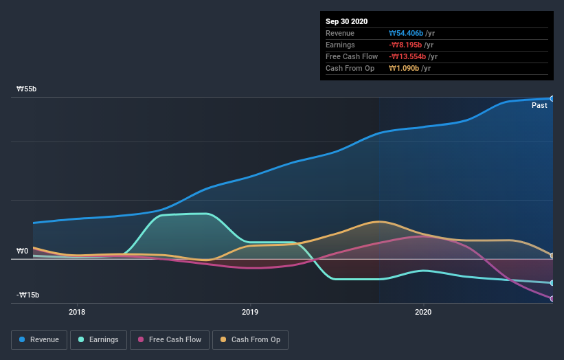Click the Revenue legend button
point(39,339)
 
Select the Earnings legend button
point(98,339)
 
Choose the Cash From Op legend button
point(250,339)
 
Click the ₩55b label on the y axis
point(27,89)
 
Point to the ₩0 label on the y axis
point(23,251)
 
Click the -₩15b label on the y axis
point(28,295)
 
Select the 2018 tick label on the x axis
point(78,312)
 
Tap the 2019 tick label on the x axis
point(250,312)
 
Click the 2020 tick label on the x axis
point(423,312)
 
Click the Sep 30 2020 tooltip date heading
point(347,21)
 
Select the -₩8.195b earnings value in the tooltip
point(407,45)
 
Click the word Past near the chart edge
point(539,106)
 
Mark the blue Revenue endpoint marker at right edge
point(552,98)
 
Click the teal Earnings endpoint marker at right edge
point(552,282)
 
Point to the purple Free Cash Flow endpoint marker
point(552,298)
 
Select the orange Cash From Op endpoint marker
point(552,256)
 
